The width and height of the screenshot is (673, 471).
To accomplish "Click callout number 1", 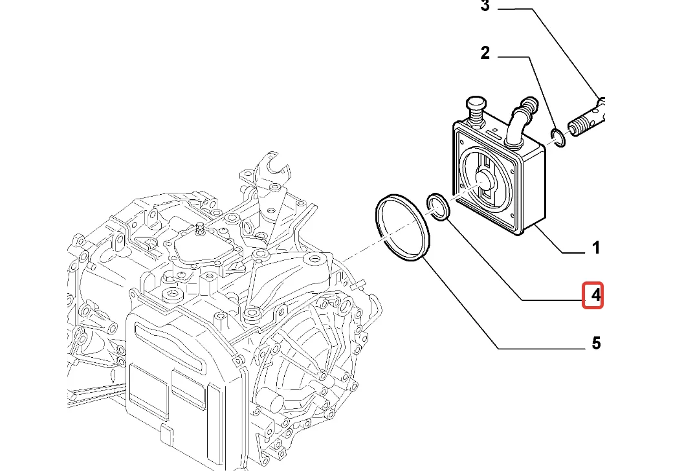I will click(x=596, y=248).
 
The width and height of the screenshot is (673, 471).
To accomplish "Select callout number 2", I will click(x=485, y=54).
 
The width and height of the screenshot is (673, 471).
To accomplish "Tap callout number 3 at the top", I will click(x=485, y=7).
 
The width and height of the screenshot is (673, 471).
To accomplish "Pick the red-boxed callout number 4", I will click(x=593, y=296).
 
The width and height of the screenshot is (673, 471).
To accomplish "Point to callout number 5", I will click(x=596, y=343).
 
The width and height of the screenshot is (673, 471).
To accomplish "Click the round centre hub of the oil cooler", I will click(x=485, y=184).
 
